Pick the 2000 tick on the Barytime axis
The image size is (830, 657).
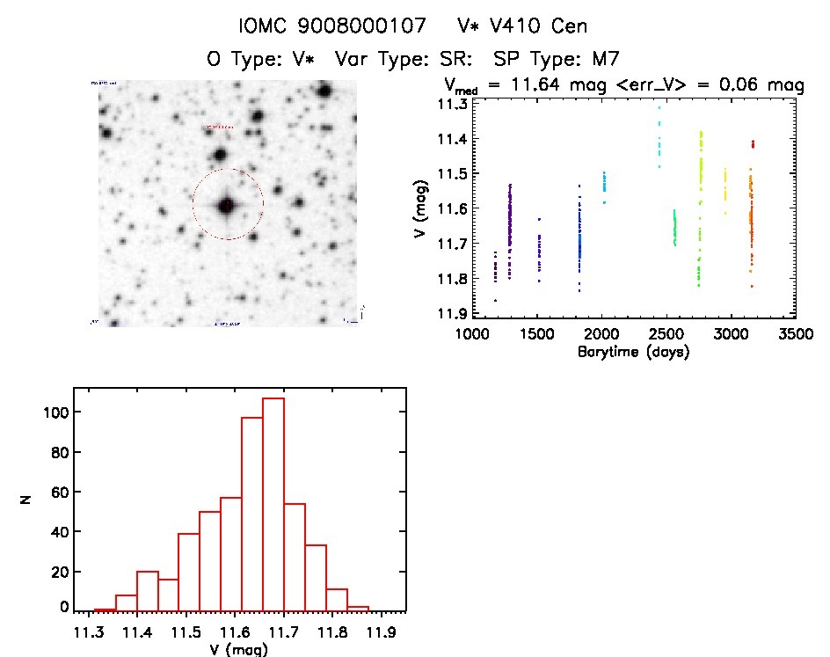602,334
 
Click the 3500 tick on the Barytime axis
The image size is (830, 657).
797,334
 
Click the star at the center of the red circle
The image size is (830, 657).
227,205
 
